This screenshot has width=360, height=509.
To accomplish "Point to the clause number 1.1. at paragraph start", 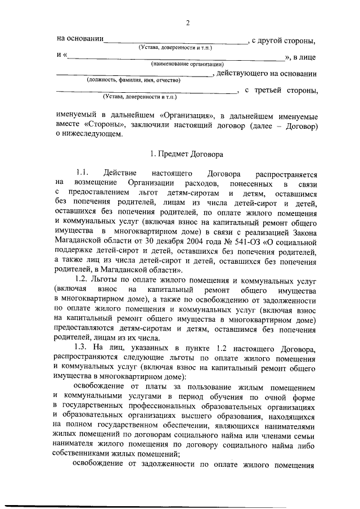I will click(x=82, y=173).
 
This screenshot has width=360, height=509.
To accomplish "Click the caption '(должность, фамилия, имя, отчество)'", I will click(x=132, y=80).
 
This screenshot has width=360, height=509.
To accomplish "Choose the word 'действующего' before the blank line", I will click(x=242, y=74).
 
